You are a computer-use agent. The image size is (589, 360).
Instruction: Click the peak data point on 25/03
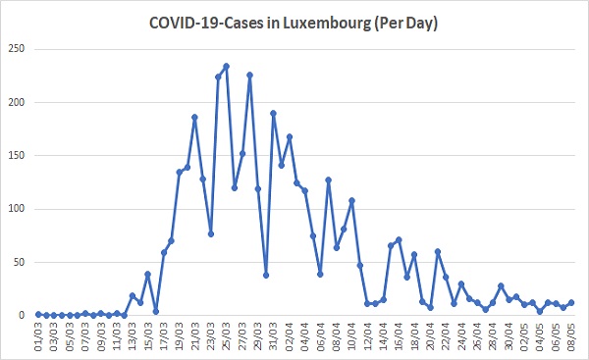pyautogui.click(x=226, y=66)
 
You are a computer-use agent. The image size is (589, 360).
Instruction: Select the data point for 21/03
pyautogui.click(x=194, y=117)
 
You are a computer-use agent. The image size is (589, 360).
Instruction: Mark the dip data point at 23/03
pyautogui.click(x=211, y=233)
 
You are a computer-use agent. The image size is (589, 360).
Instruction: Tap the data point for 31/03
pyautogui.click(x=274, y=113)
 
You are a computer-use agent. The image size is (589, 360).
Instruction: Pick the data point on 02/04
pyautogui.click(x=290, y=136)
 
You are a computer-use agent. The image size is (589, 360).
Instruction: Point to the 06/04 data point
pyautogui.click(x=320, y=274)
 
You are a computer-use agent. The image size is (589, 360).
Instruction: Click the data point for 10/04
pyautogui.click(x=352, y=200)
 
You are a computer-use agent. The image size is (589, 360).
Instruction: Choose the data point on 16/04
pyautogui.click(x=399, y=239)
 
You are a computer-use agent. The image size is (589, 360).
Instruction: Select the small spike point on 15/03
pyautogui.click(x=147, y=274)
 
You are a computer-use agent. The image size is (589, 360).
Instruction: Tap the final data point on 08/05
pyautogui.click(x=571, y=302)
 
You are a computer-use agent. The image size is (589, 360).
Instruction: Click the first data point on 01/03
pyautogui.click(x=38, y=314)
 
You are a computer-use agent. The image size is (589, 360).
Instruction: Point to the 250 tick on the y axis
pyautogui.click(x=17, y=48)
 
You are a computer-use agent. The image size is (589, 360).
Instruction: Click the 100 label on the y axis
pyautogui.click(x=17, y=209)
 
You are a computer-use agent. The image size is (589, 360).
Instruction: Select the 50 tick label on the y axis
pyautogui.click(x=19, y=262)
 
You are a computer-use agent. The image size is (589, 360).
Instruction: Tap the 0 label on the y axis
pyautogui.click(x=22, y=315)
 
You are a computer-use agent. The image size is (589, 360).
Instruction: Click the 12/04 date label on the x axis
pyautogui.click(x=368, y=336)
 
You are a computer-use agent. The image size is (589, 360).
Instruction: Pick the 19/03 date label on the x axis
pyautogui.click(x=180, y=336)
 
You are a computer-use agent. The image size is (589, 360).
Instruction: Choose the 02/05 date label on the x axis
pyautogui.click(x=524, y=336)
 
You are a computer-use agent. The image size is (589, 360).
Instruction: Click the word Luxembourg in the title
pyautogui.click(x=326, y=24)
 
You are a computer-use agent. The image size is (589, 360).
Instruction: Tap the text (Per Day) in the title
pyautogui.click(x=405, y=24)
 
